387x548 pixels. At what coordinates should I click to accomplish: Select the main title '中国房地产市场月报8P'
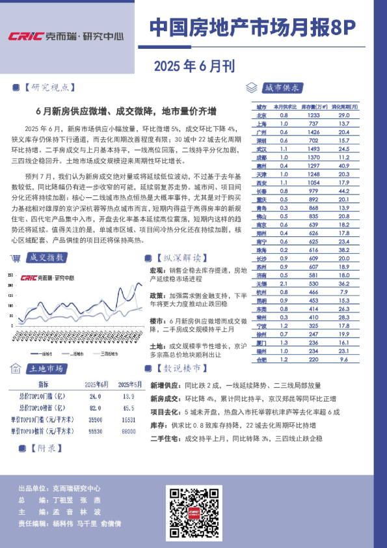[253, 27]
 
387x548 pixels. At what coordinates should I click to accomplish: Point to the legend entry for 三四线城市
[109, 353]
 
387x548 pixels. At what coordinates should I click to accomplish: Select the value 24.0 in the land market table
[95, 396]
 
